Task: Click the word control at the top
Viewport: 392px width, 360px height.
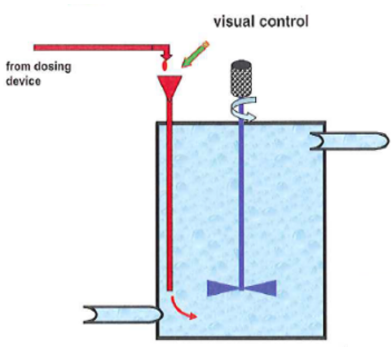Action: tap(284, 22)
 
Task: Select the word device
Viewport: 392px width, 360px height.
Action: tap(24, 81)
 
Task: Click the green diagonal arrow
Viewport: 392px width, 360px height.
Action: tap(195, 55)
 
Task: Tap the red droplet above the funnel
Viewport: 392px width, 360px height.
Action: tap(165, 65)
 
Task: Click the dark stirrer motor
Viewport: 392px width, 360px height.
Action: tap(241, 78)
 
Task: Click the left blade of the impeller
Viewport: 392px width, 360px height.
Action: tap(223, 288)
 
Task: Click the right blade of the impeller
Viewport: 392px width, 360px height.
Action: tap(259, 288)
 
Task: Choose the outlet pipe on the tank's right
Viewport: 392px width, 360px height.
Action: tap(350, 141)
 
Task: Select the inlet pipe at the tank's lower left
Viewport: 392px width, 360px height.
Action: tap(123, 314)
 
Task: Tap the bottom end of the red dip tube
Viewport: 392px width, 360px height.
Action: tap(170, 291)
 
